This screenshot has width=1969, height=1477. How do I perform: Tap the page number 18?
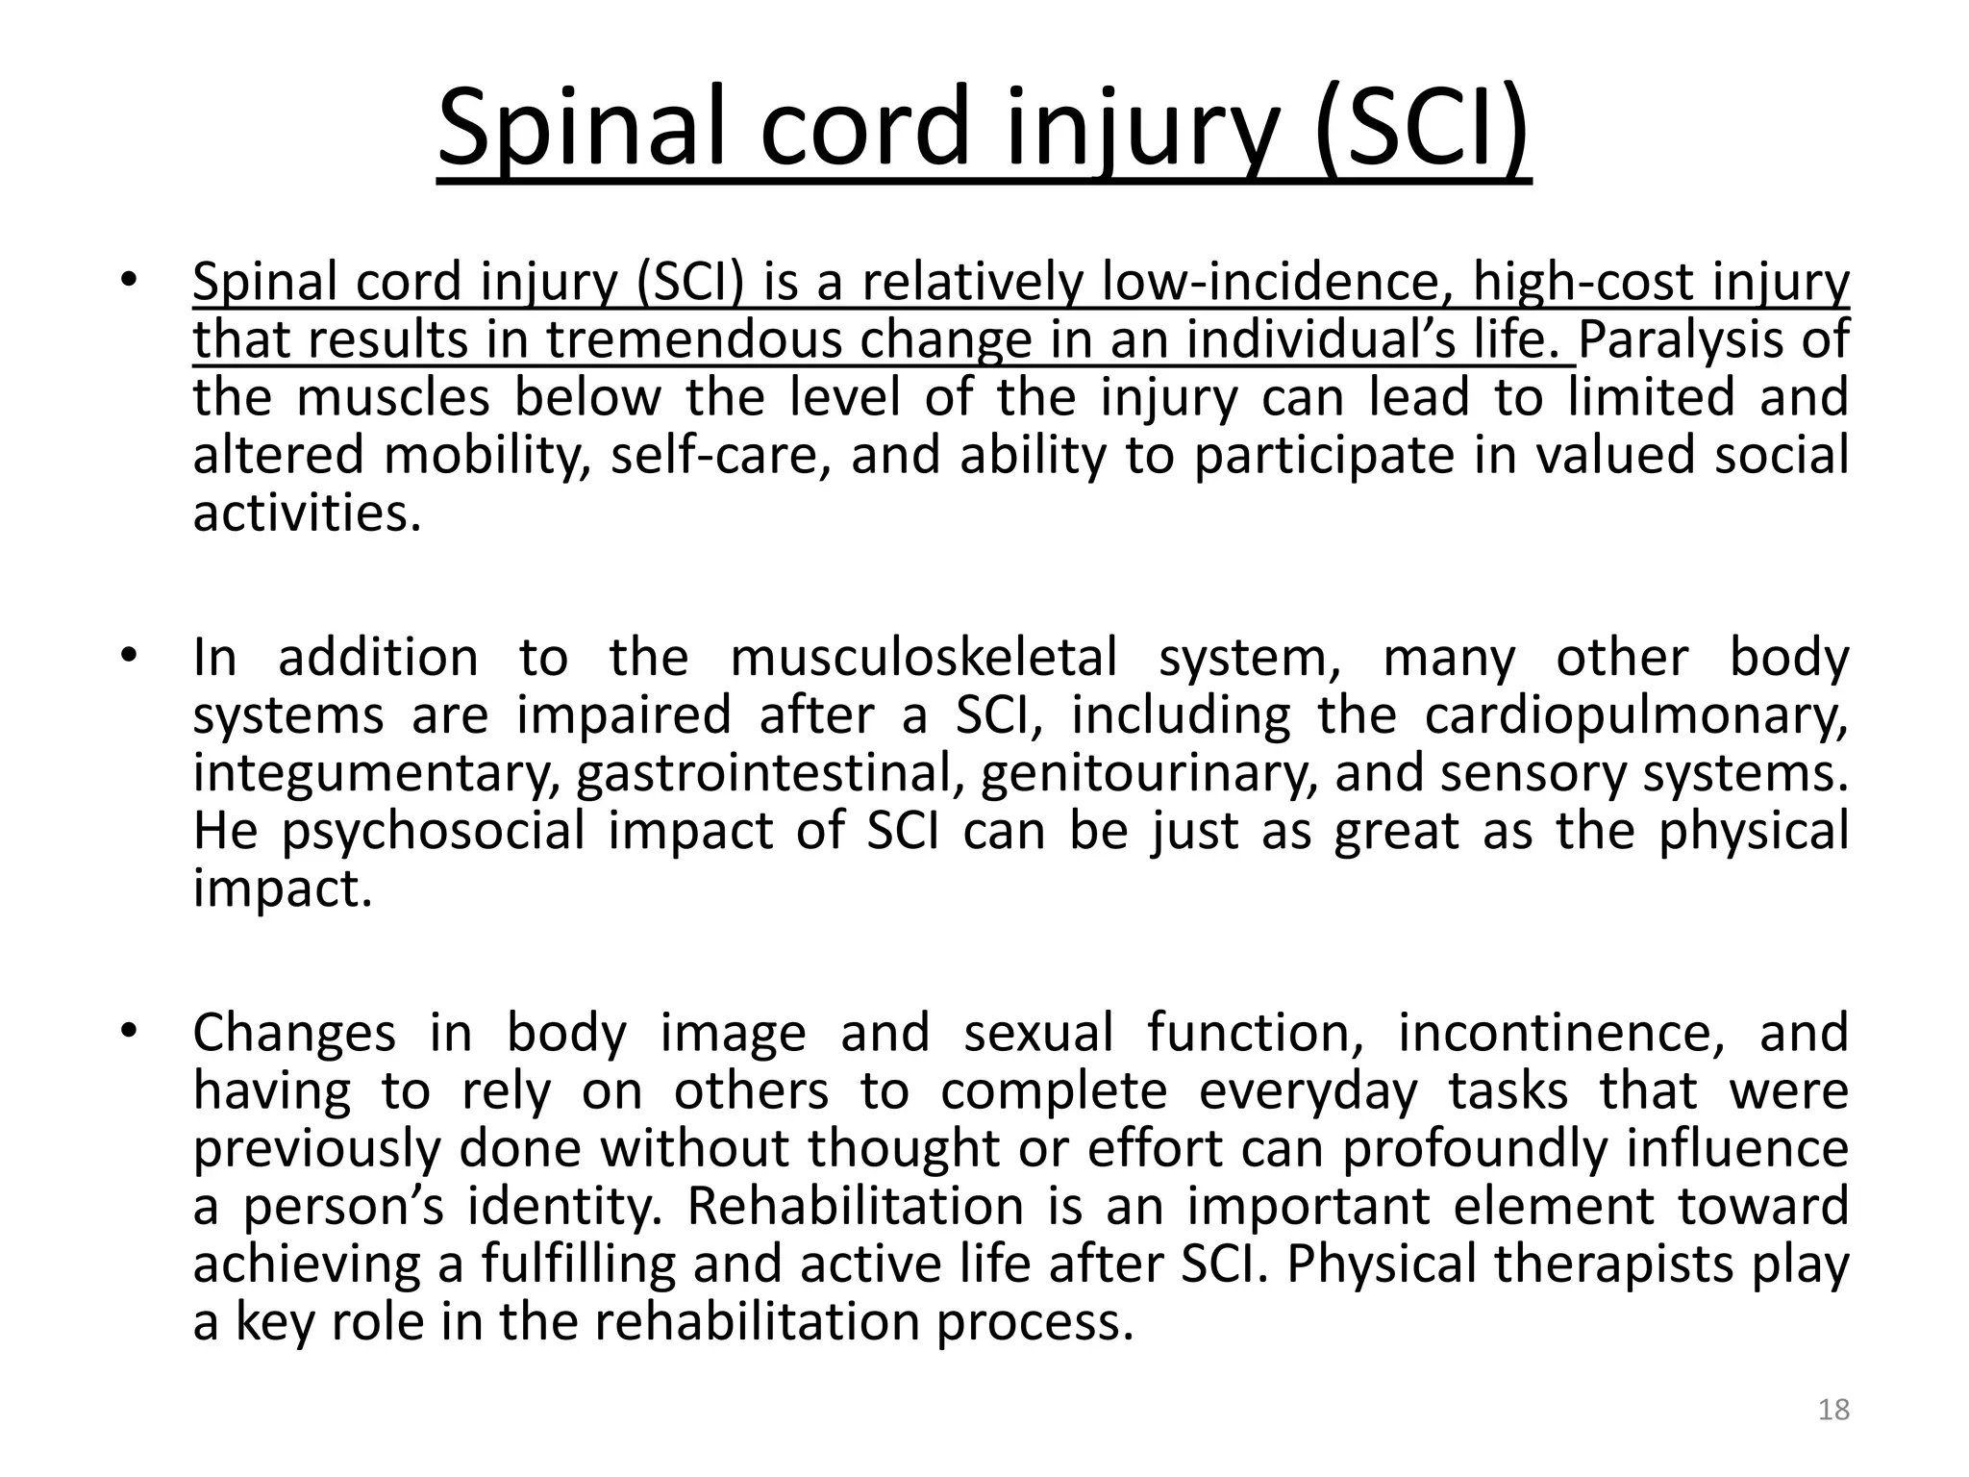[1834, 1410]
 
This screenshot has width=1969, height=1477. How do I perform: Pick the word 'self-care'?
[718, 455]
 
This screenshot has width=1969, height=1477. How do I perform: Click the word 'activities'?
[307, 513]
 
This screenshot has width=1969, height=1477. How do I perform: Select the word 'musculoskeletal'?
[924, 658]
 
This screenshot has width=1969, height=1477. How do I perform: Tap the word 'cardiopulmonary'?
[1635, 715]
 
